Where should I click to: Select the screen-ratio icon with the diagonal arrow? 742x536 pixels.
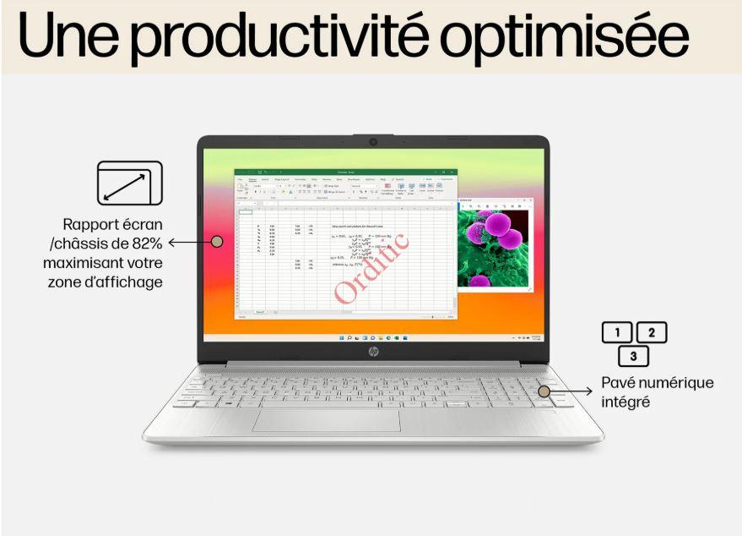[x=128, y=183]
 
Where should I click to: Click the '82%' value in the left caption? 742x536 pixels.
[x=144, y=243]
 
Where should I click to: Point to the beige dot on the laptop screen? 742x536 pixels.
[x=216, y=242]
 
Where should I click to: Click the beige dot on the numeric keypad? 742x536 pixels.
[x=544, y=391]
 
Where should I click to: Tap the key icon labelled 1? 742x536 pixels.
[x=617, y=332]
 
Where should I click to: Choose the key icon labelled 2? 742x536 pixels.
[x=651, y=332]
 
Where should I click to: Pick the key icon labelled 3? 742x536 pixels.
[x=634, y=356]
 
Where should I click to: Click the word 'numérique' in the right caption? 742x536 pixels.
[x=675, y=383]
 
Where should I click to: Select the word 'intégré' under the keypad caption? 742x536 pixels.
[x=626, y=402]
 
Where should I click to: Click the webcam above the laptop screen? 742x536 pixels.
[x=372, y=142]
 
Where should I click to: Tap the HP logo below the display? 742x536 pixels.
[x=373, y=351]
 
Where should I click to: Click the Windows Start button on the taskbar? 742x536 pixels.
[x=341, y=337]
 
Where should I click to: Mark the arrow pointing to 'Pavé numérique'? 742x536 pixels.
[x=574, y=391]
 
